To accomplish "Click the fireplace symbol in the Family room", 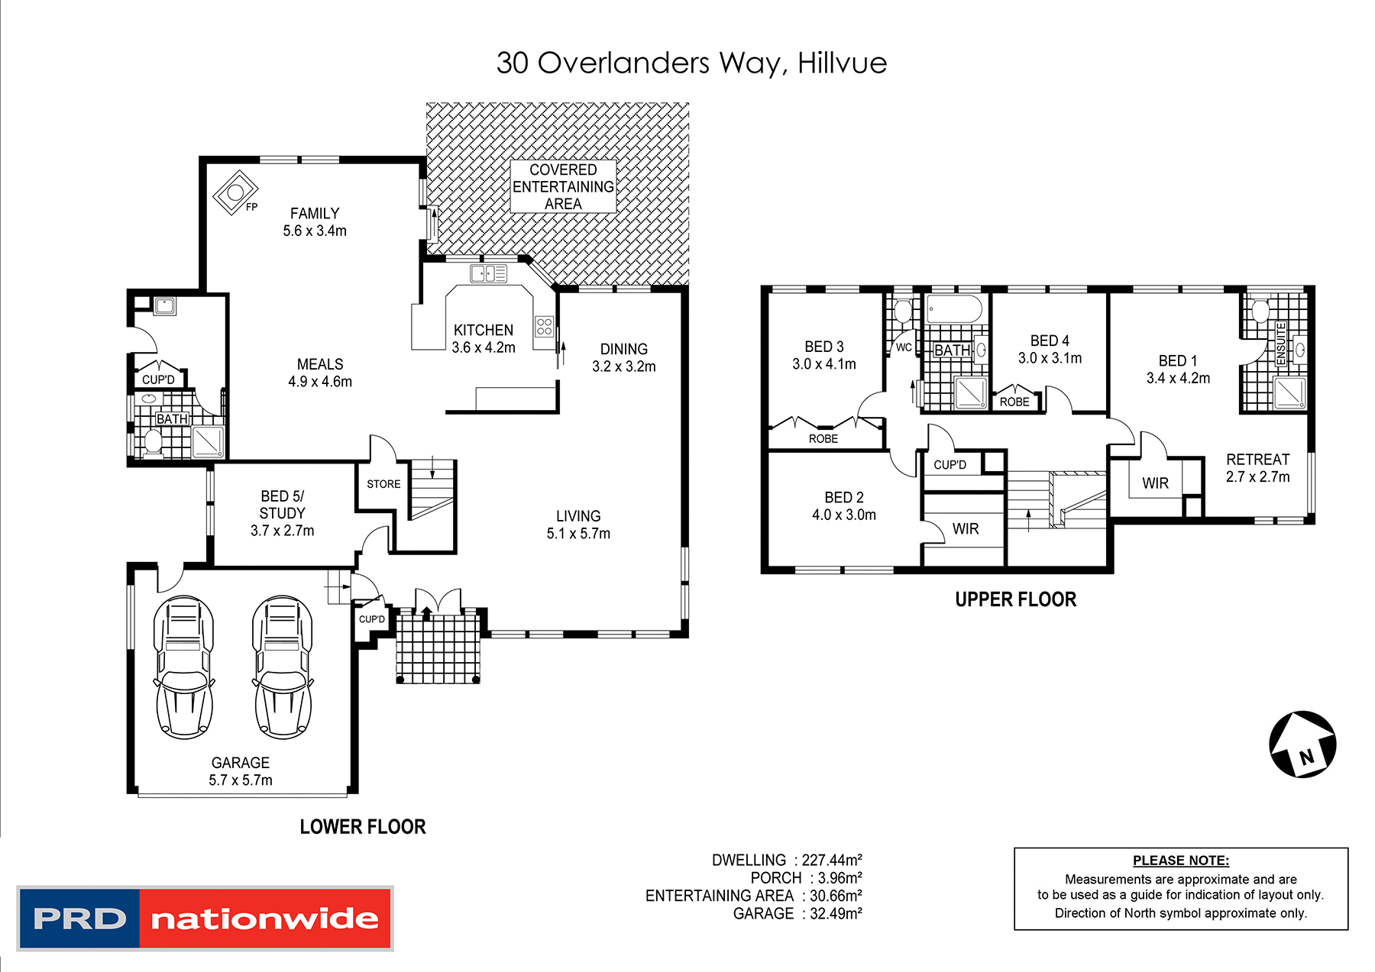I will click(x=235, y=192).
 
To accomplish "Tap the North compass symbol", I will click(x=1302, y=744).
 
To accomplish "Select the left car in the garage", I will click(x=184, y=667).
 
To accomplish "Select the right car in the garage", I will click(x=283, y=667).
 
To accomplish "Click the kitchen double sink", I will click(x=488, y=273).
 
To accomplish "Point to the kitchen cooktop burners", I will click(x=544, y=327).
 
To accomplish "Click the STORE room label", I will click(x=383, y=484).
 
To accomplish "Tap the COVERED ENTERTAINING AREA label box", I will click(x=563, y=186).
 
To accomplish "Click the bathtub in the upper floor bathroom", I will click(x=954, y=310).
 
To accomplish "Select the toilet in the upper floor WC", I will click(x=903, y=312).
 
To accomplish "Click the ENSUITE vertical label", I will click(x=1281, y=343).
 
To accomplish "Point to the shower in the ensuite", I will click(x=1289, y=392).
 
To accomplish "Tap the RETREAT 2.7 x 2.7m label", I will click(x=1257, y=468).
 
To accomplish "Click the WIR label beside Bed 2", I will click(x=966, y=528).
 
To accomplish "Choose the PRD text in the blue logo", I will click(x=79, y=919).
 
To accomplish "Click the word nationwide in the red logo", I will click(x=264, y=919).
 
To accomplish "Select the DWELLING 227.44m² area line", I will click(x=787, y=861).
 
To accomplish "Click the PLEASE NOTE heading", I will click(x=1180, y=861).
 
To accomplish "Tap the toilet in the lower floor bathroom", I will click(x=153, y=442).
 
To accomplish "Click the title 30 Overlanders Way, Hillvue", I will click(x=691, y=63).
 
